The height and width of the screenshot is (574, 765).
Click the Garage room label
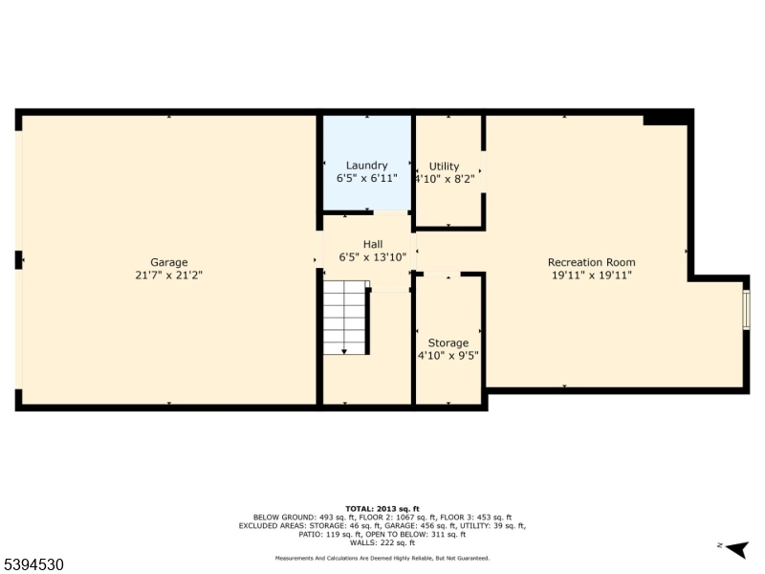[168, 262]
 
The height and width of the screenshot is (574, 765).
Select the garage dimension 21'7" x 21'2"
[168, 275]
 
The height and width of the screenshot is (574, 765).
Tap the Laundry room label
[366, 166]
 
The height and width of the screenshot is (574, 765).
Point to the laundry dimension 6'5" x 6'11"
[366, 178]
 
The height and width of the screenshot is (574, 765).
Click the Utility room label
[444, 166]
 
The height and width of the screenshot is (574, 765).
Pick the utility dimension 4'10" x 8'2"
[444, 179]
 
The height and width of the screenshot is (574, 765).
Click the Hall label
[372, 244]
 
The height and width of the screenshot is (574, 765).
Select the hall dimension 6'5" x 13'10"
[372, 256]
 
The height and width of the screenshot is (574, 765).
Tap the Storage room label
[448, 342]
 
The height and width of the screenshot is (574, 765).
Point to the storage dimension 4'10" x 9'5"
[448, 355]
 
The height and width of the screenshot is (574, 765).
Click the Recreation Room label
[591, 262]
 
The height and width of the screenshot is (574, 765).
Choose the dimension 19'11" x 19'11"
[591, 275]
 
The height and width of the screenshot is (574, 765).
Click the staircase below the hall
[345, 318]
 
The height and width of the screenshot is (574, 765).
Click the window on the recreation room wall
[746, 310]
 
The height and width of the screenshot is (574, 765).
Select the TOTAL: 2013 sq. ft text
[382, 509]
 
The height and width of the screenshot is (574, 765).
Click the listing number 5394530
[33, 565]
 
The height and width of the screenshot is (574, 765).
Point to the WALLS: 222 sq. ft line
[382, 542]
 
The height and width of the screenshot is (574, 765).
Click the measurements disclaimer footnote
[382, 558]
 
